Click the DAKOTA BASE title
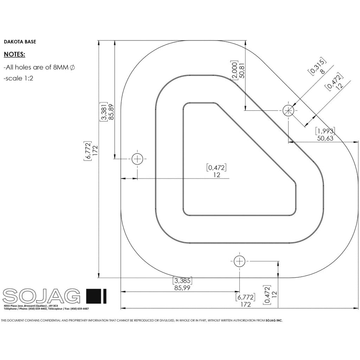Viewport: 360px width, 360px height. point(20,41)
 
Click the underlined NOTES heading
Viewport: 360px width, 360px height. point(14,54)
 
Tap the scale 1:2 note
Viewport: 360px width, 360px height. point(18,78)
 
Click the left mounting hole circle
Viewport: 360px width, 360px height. point(137,159)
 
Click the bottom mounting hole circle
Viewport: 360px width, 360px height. point(239,261)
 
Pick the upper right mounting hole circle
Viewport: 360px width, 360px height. point(288,111)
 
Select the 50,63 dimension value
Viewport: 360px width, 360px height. point(325,138)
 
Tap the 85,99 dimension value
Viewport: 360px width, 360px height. point(183,288)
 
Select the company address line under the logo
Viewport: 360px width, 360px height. point(31,306)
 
